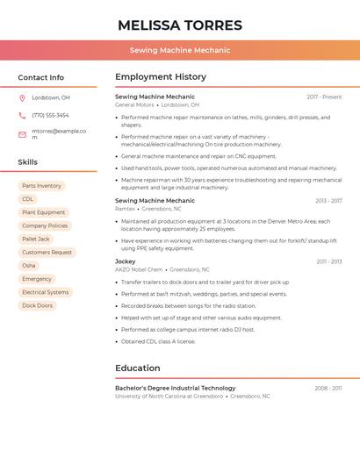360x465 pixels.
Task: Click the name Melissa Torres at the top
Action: click(180, 25)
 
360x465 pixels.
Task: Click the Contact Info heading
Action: click(40, 77)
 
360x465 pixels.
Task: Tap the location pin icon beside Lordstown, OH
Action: click(22, 97)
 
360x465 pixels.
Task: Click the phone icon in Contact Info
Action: click(22, 115)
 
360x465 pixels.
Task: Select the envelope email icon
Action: click(22, 133)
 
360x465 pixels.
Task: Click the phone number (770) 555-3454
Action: click(50, 115)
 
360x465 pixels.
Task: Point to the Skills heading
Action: click(27, 162)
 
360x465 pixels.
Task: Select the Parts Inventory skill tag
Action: click(41, 186)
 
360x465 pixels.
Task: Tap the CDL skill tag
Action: click(28, 199)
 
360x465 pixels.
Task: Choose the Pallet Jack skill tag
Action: click(36, 239)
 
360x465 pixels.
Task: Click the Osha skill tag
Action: click(29, 265)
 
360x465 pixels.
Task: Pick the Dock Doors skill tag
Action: click(37, 305)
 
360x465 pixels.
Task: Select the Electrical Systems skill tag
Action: click(45, 292)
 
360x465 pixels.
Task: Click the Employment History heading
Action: click(161, 77)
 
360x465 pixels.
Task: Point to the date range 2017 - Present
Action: click(324, 97)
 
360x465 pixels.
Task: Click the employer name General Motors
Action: click(134, 105)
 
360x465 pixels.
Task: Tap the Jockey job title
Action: click(126, 261)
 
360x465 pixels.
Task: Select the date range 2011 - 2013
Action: click(328, 261)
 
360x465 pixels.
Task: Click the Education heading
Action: click(138, 368)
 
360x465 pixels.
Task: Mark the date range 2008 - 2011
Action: click(328, 388)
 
